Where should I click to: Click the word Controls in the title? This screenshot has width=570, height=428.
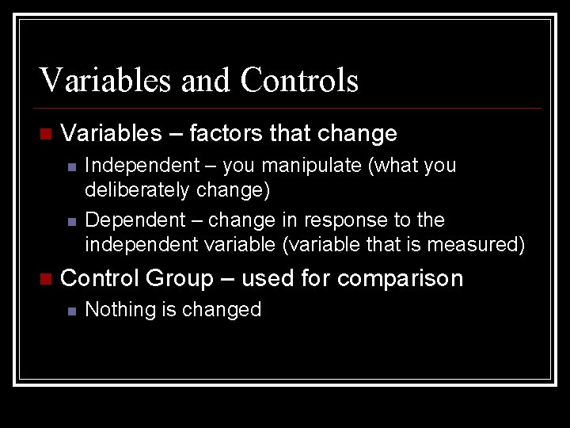299,80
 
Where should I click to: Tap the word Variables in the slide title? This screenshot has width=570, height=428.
106,80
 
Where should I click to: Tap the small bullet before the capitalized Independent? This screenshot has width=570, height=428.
71,167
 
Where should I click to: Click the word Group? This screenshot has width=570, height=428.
180,279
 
